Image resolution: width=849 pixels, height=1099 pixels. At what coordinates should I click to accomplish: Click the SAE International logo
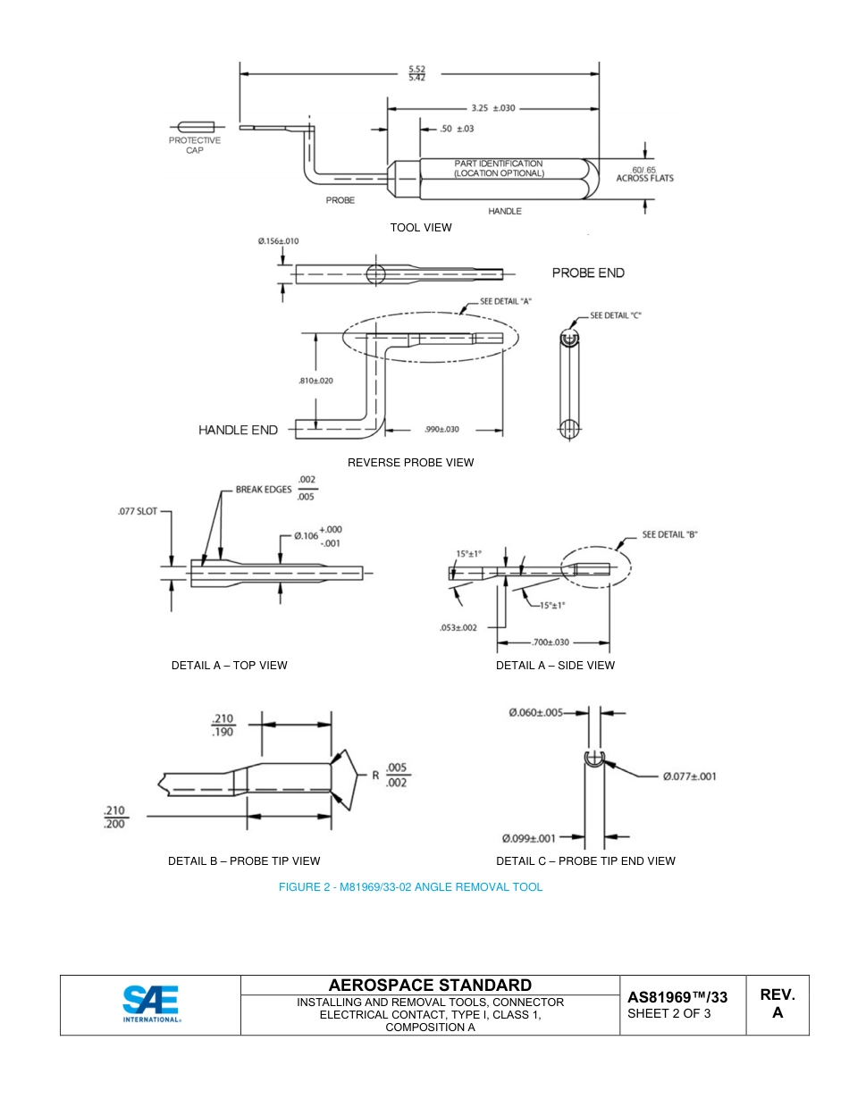[x=151, y=1004]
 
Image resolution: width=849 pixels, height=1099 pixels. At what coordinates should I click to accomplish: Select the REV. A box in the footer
[x=777, y=1004]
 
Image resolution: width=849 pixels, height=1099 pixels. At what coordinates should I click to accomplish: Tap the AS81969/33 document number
[x=677, y=997]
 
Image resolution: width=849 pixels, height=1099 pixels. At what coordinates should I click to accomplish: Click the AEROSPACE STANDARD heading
[x=430, y=986]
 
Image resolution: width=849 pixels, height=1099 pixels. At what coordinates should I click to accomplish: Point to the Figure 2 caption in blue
[x=410, y=887]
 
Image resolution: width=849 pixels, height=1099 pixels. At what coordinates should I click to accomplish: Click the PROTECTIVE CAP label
[x=195, y=146]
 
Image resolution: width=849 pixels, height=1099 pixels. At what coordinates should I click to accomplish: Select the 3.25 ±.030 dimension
[x=492, y=108]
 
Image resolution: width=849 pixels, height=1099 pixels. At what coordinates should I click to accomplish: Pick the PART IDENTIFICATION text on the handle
[x=498, y=168]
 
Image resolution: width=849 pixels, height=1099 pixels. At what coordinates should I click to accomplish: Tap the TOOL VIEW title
[x=420, y=228]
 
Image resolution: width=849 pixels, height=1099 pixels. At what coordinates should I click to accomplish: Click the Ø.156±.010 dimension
[x=278, y=241]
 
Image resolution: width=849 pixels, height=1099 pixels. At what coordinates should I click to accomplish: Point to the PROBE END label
[x=588, y=273]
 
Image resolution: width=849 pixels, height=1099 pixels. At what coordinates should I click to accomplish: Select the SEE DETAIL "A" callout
[x=506, y=302]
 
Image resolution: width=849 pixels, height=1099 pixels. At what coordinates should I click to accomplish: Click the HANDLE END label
[x=238, y=430]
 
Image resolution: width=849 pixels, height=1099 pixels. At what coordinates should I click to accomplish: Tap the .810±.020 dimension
[x=315, y=381]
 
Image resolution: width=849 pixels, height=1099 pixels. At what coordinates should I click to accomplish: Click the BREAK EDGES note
[x=264, y=490]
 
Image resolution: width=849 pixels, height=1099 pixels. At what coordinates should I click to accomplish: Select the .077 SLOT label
[x=137, y=512]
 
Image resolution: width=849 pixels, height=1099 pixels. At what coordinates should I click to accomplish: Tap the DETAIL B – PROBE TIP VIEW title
[x=244, y=861]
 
